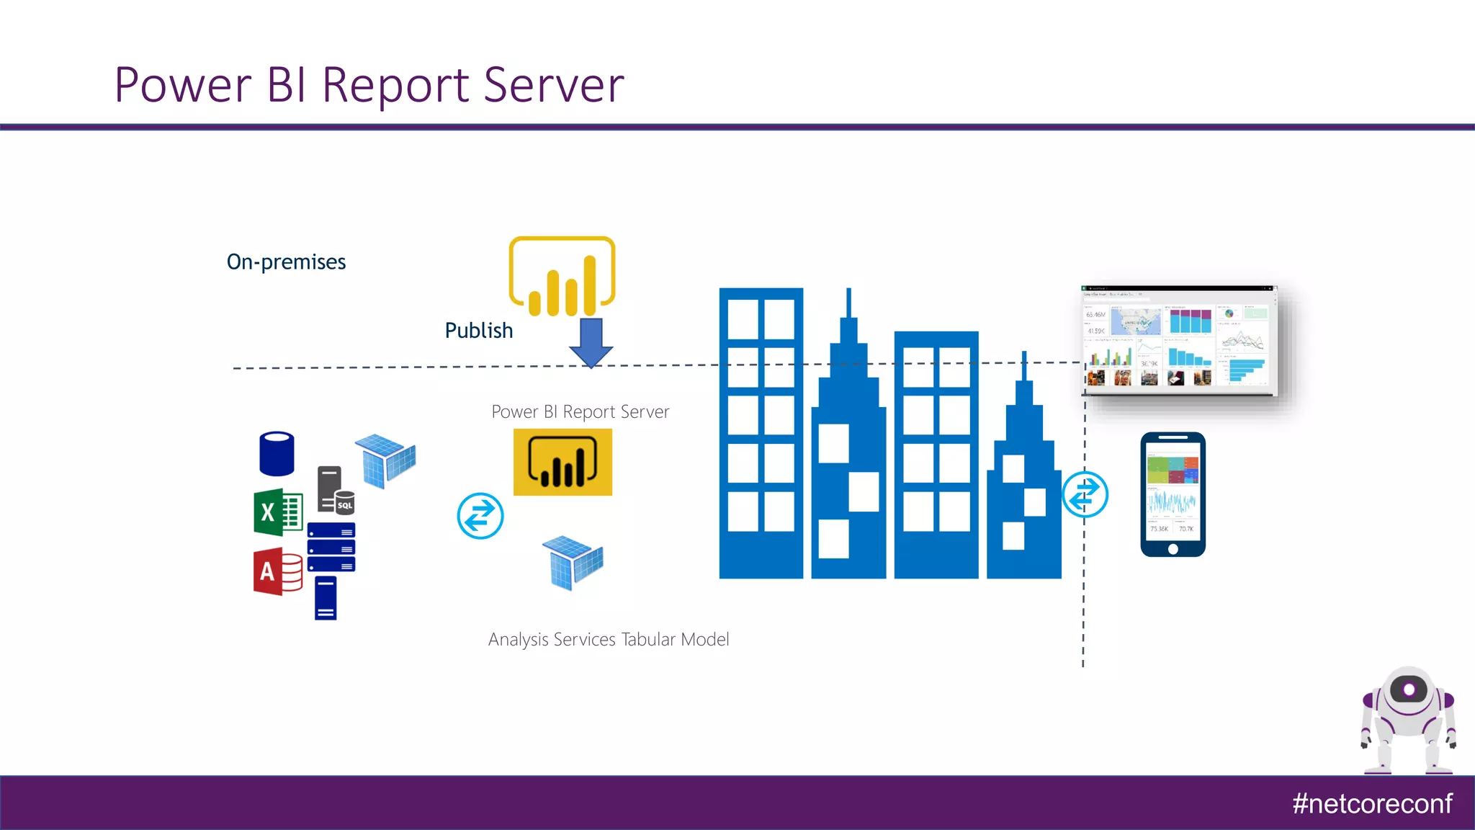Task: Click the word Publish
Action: tap(479, 331)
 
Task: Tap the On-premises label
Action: tap(286, 262)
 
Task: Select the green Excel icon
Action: tap(277, 512)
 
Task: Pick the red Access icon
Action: tap(277, 572)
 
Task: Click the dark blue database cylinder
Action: tap(277, 454)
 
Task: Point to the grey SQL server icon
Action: tap(335, 490)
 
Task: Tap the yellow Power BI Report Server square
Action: tap(562, 463)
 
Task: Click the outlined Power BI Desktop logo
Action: tap(562, 277)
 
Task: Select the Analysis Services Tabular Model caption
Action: tap(609, 640)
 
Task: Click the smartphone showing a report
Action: tap(1173, 494)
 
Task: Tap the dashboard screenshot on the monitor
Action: tap(1178, 341)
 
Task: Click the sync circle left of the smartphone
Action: tap(1085, 494)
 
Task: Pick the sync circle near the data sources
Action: tap(480, 516)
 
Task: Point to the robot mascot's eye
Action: tap(1409, 690)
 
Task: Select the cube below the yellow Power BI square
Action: tap(573, 563)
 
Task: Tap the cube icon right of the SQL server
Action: tap(386, 460)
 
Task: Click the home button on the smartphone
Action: tap(1173, 549)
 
